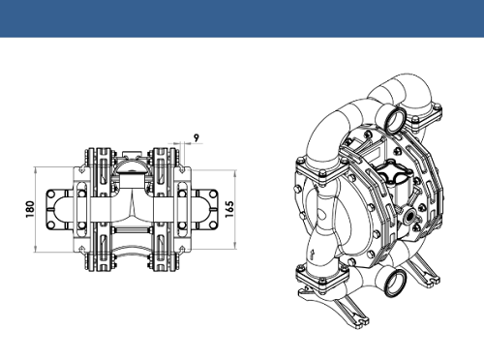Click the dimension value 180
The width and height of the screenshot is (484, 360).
click(30, 209)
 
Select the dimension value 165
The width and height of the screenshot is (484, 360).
click(229, 209)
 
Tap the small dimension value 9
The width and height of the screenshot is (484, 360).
click(197, 137)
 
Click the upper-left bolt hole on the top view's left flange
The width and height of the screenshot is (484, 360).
click(51, 195)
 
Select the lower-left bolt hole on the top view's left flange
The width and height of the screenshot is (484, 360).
click(51, 225)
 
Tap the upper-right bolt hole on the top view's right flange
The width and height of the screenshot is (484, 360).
click(213, 195)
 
